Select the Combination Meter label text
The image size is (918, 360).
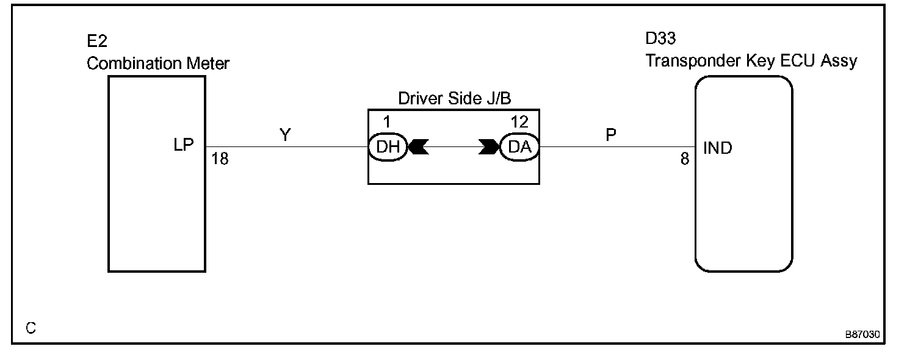coord(158,63)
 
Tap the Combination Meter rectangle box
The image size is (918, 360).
coord(156,207)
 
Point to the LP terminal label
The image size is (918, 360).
coord(183,145)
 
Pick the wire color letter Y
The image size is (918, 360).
coord(285,135)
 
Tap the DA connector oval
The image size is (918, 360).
coord(519,147)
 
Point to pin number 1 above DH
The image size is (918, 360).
coord(386,122)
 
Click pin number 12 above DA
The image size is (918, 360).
coord(519,122)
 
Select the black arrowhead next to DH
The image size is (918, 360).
coord(418,147)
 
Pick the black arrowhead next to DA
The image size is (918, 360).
coord(489,147)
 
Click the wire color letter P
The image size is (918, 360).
coord(611,135)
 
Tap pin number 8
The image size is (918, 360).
coord(685,159)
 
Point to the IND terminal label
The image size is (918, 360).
coord(718,148)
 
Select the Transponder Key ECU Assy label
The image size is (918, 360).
coord(751,61)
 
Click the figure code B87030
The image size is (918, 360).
coord(862,335)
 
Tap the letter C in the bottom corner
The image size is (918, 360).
coord(31,328)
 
